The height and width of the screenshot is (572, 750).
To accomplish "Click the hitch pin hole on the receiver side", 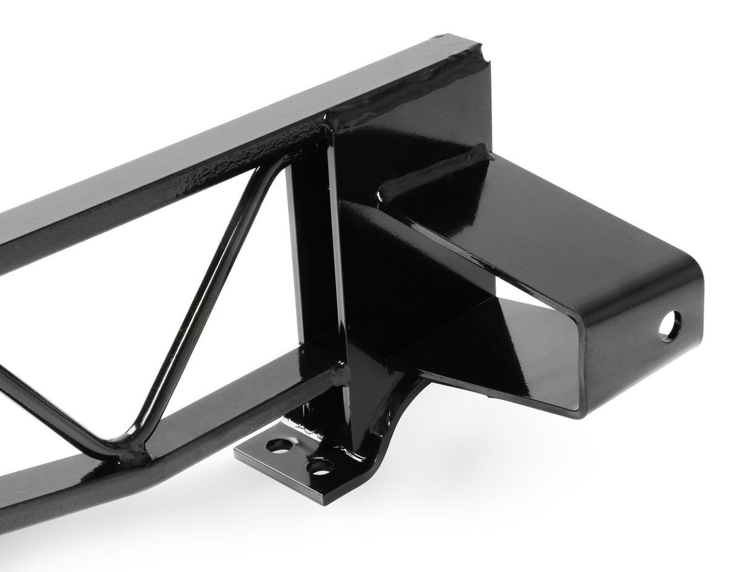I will pyautogui.click(x=670, y=326).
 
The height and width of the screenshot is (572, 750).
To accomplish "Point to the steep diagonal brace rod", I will pyautogui.click(x=204, y=303).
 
